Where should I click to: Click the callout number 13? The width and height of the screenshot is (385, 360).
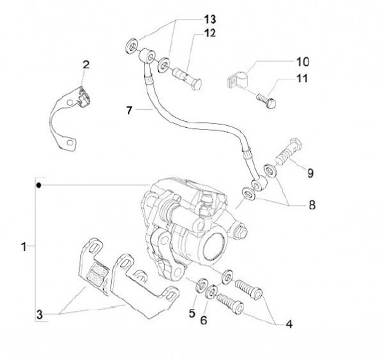coord(210,19)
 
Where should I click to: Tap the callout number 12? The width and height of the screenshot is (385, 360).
coord(210,33)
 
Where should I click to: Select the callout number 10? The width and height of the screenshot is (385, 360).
coord(303,62)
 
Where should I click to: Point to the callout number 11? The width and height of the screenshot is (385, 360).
coord(302,79)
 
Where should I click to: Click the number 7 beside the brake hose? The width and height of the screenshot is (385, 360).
coord(129,111)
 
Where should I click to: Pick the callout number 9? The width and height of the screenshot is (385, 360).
coord(310,173)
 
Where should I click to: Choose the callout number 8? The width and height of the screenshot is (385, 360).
coord(312,205)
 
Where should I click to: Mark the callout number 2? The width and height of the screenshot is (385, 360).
coord(86,65)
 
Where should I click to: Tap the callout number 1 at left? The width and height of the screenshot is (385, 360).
coord(24,247)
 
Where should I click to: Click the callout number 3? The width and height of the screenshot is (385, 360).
coord(40,315)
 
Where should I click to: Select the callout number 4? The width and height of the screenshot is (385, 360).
coord(289,324)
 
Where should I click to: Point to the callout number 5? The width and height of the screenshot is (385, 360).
coord(192,313)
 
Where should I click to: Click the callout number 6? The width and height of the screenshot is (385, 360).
coord(204,320)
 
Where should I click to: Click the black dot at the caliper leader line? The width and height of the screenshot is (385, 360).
coord(38,185)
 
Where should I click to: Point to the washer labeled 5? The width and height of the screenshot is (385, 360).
coord(202,286)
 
